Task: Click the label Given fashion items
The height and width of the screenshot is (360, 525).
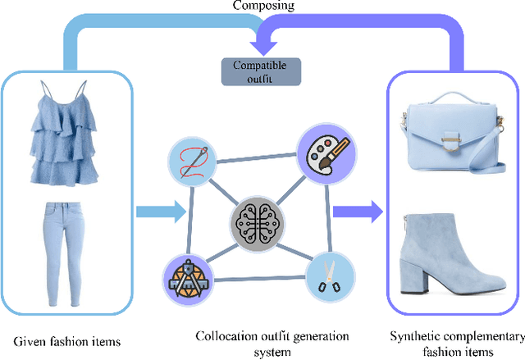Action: (x=67, y=339)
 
